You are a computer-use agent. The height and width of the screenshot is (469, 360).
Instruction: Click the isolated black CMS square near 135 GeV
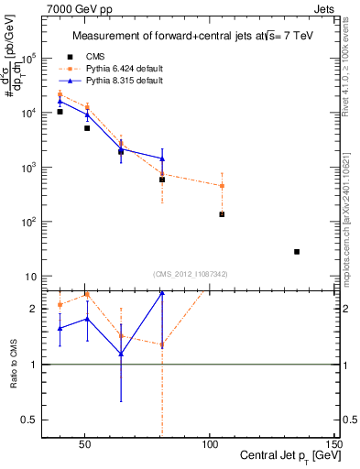297,251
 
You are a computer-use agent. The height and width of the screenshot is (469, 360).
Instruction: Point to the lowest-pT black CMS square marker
60,112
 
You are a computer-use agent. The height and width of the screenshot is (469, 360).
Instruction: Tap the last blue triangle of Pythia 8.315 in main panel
162,158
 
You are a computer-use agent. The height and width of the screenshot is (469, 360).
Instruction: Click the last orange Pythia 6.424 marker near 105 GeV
222,186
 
